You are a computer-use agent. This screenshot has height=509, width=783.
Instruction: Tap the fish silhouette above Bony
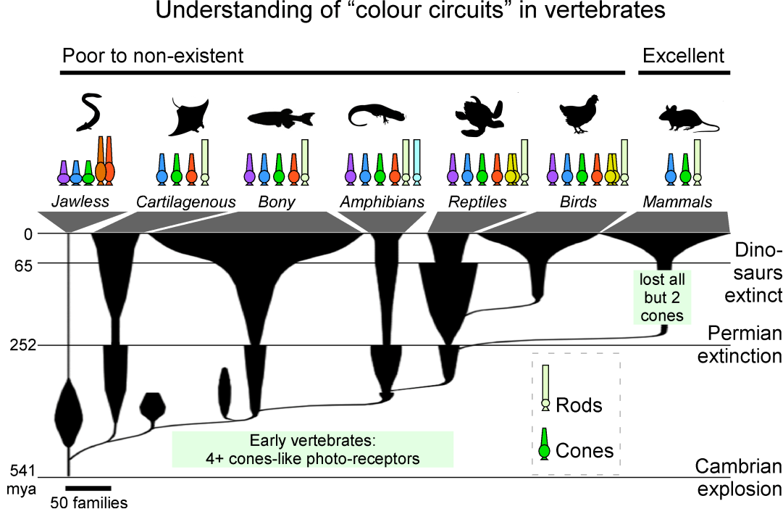(281, 117)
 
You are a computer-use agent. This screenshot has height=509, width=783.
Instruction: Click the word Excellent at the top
(683, 56)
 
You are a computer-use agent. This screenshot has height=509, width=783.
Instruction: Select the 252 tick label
(23, 345)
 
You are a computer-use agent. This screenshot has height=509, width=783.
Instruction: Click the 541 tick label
(23, 471)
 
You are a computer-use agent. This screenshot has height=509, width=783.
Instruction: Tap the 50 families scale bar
(88, 488)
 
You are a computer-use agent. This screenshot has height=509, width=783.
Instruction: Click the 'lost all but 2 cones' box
(661, 297)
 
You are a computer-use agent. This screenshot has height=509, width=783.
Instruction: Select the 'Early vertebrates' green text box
(312, 450)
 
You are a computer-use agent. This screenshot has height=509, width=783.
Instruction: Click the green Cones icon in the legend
(544, 444)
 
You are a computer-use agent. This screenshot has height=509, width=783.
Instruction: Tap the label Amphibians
(382, 202)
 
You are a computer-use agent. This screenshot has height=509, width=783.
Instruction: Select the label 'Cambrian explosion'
(739, 478)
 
